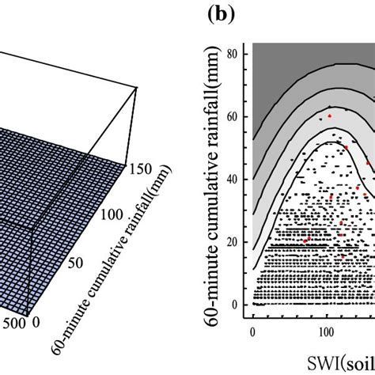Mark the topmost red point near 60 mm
[330, 116]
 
